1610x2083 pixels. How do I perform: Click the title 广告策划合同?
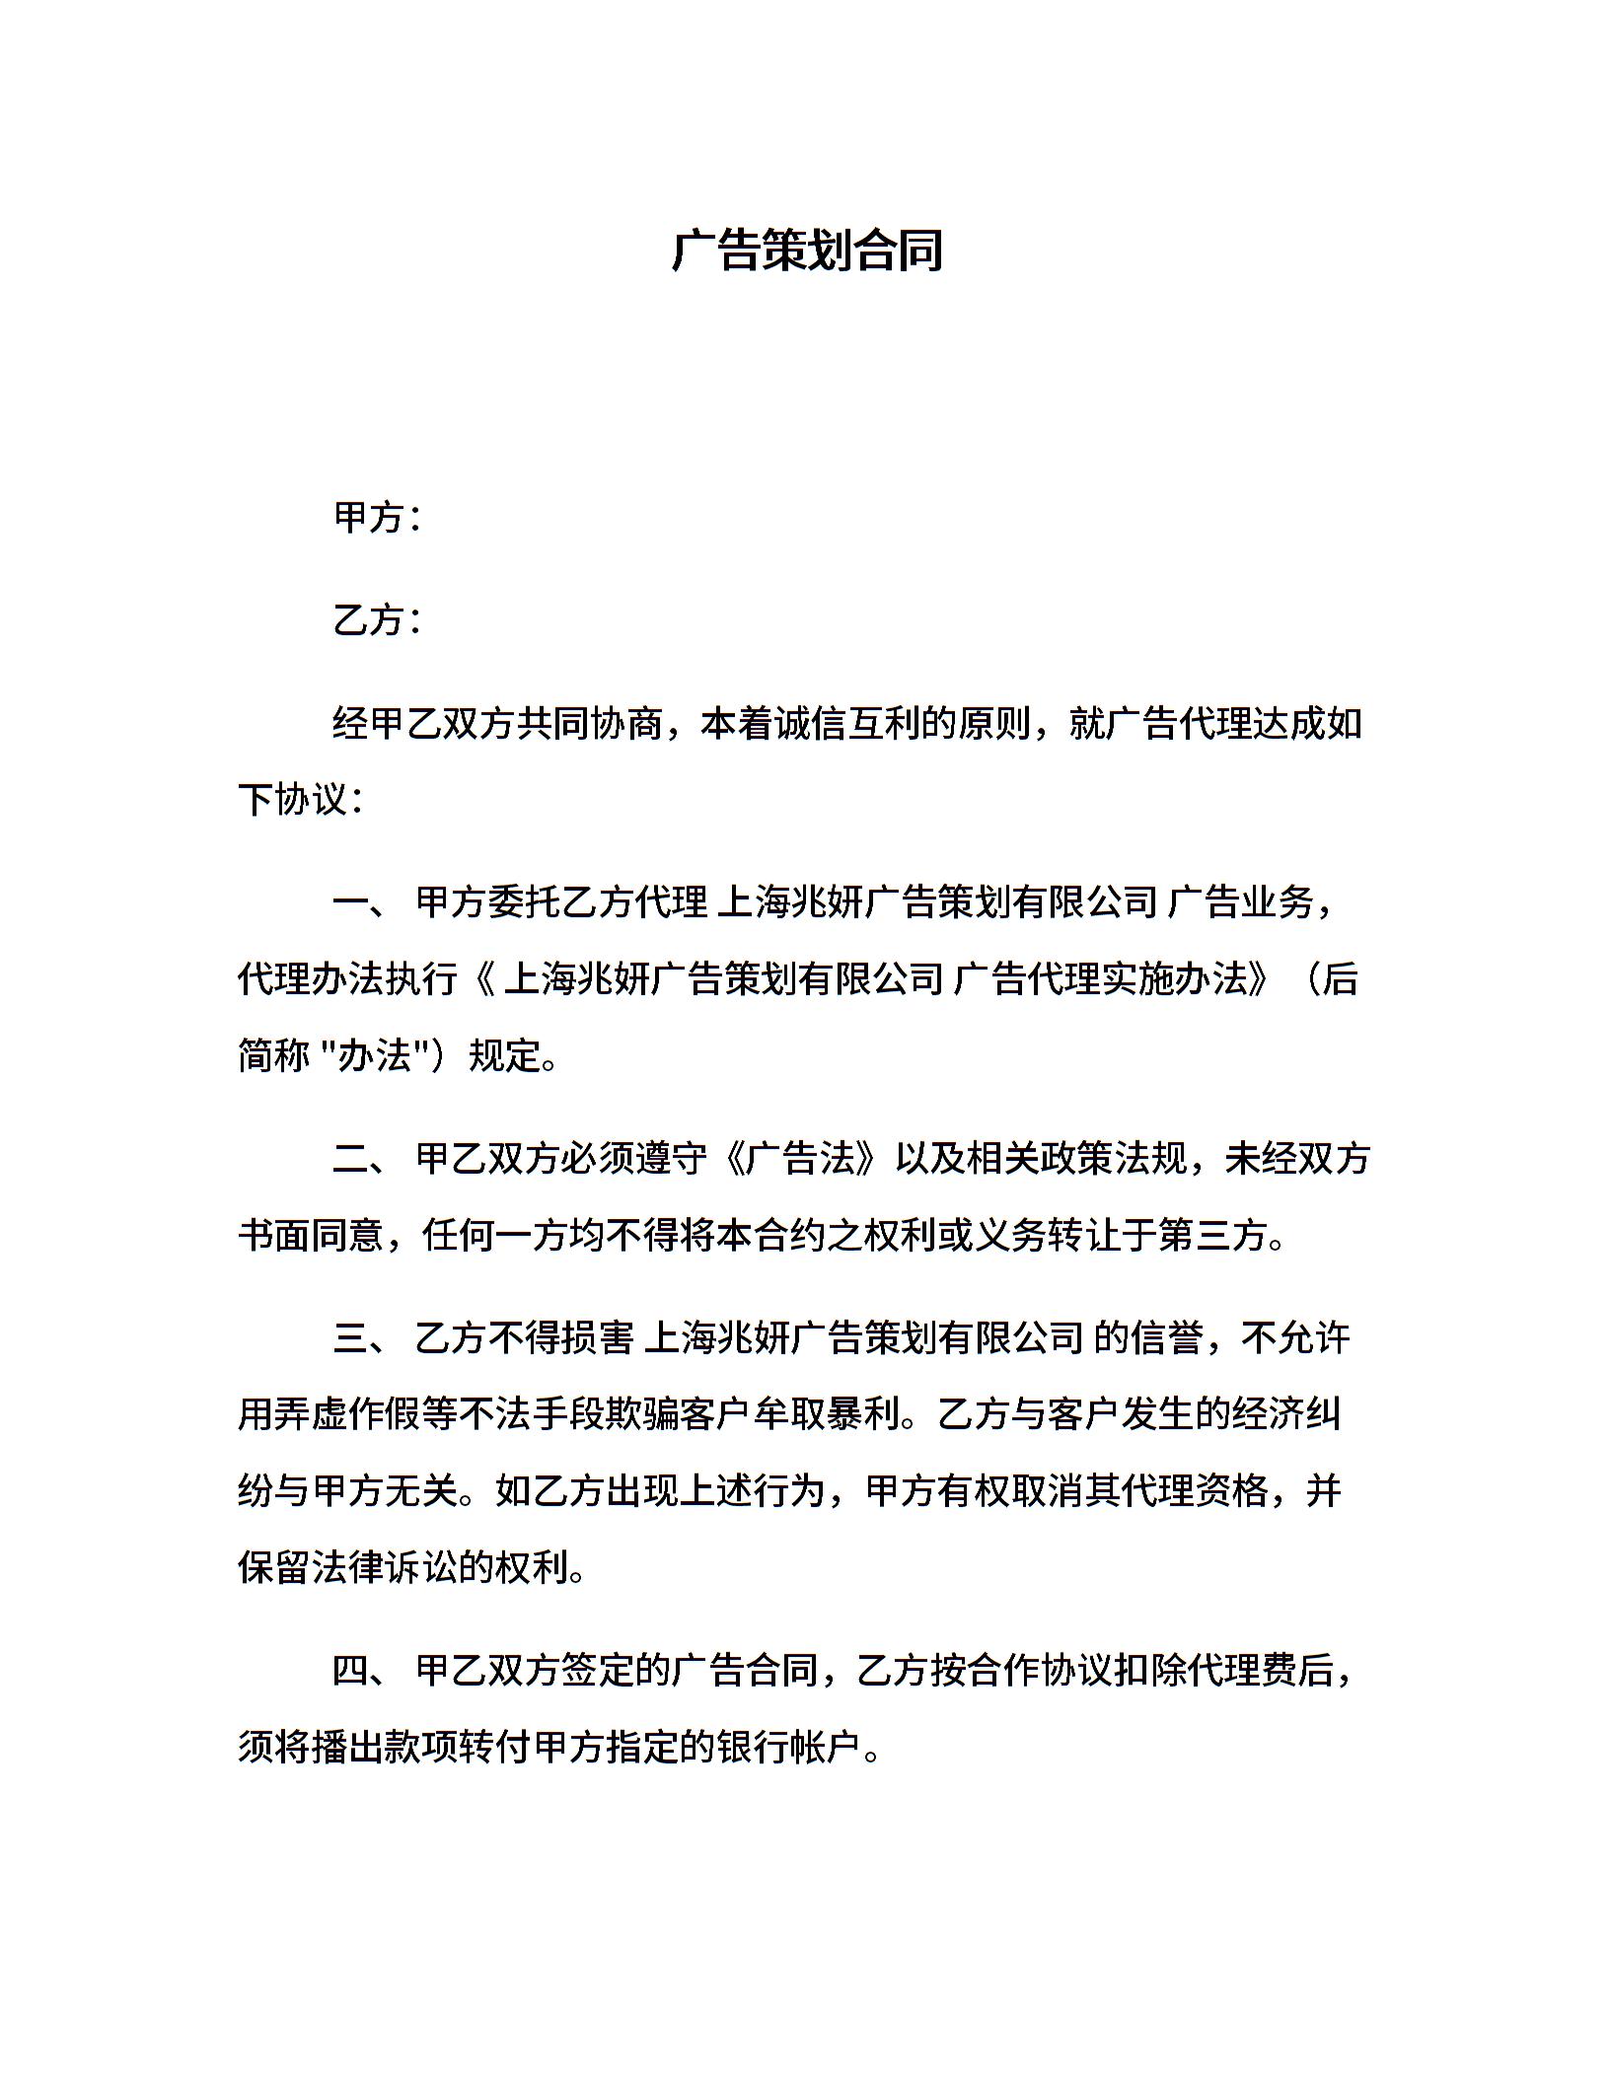pyautogui.click(x=807, y=250)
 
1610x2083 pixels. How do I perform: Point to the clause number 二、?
pyautogui.click(x=360, y=1158)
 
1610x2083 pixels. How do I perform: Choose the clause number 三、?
pyautogui.click(x=360, y=1338)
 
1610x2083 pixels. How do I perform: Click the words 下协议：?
pyautogui.click(x=302, y=799)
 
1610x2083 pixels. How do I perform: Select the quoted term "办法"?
pyautogui.click(x=380, y=1056)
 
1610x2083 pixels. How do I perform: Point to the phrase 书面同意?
pyautogui.click(x=312, y=1235)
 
